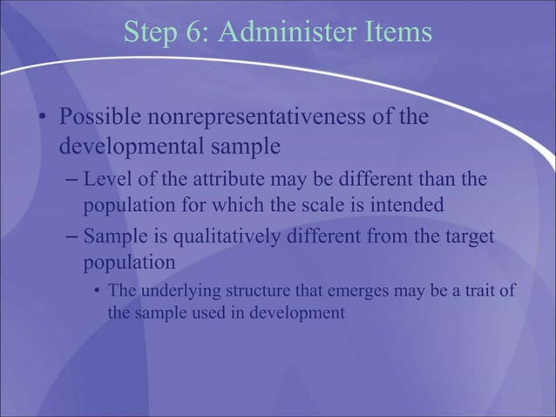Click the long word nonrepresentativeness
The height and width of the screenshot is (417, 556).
pyautogui.click(x=265, y=117)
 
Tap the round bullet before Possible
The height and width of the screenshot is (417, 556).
pyautogui.click(x=41, y=118)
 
